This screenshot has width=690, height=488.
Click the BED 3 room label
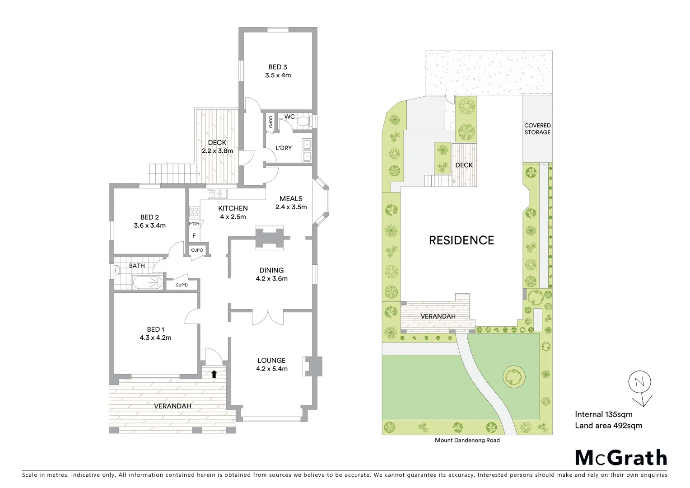pos(278,67)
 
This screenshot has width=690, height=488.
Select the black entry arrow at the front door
pos(214,374)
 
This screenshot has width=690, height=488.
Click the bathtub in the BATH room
pos(147,283)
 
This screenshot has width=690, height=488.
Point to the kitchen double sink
pos(218,194)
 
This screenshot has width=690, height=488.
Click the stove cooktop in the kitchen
pos(194,212)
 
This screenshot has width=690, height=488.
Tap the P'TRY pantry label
pos(194,224)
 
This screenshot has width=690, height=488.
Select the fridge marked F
pos(194,236)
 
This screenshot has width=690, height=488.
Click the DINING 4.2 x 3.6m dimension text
pos(271,279)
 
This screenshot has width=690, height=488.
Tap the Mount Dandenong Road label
pos(467,440)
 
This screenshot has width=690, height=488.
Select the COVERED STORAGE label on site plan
pos(537,129)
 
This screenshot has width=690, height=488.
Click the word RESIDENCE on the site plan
pos(461,240)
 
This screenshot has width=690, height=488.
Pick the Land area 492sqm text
pos(608,425)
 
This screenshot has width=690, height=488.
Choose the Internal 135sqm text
pos(603,414)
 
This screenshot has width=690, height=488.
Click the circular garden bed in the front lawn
pos(513,376)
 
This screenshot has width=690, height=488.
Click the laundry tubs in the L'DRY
pos(307,150)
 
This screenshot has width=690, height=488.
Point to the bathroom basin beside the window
pos(117,271)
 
